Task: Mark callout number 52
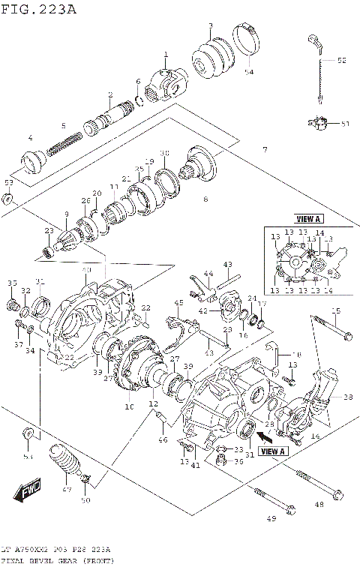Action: pos(341,60)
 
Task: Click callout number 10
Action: pos(128,406)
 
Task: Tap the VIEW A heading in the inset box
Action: pos(307,219)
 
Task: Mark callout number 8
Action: pos(205,199)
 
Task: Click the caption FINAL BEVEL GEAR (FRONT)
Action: pos(56,561)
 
